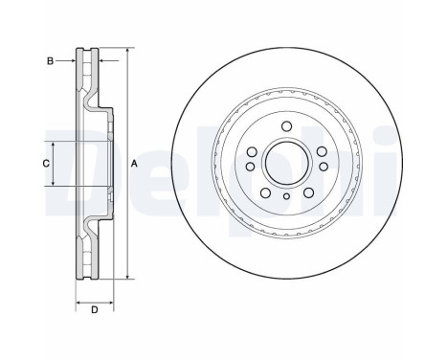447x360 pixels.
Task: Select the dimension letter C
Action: point(45,163)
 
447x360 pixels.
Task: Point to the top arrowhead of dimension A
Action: point(126,49)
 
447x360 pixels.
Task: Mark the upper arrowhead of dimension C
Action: point(54,142)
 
